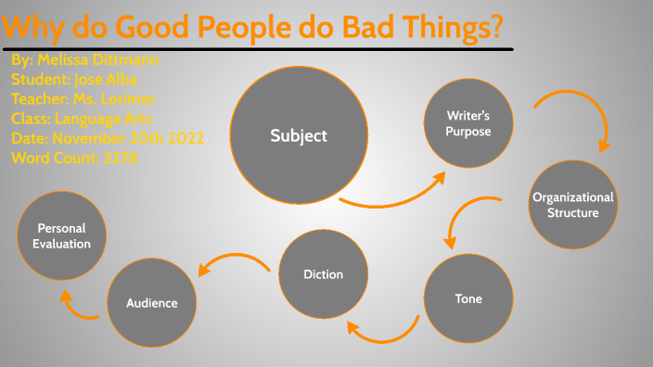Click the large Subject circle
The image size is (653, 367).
click(x=299, y=136)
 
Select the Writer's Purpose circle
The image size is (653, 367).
click(x=468, y=123)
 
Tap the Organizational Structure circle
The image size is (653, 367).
click(x=572, y=205)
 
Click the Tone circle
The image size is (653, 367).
click(x=468, y=298)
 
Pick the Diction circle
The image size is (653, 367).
click(x=323, y=274)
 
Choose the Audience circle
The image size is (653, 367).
click(x=151, y=303)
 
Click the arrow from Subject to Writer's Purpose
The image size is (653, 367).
click(x=394, y=192)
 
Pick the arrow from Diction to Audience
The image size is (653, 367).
click(x=232, y=265)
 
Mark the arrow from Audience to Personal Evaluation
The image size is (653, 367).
click(x=78, y=308)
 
